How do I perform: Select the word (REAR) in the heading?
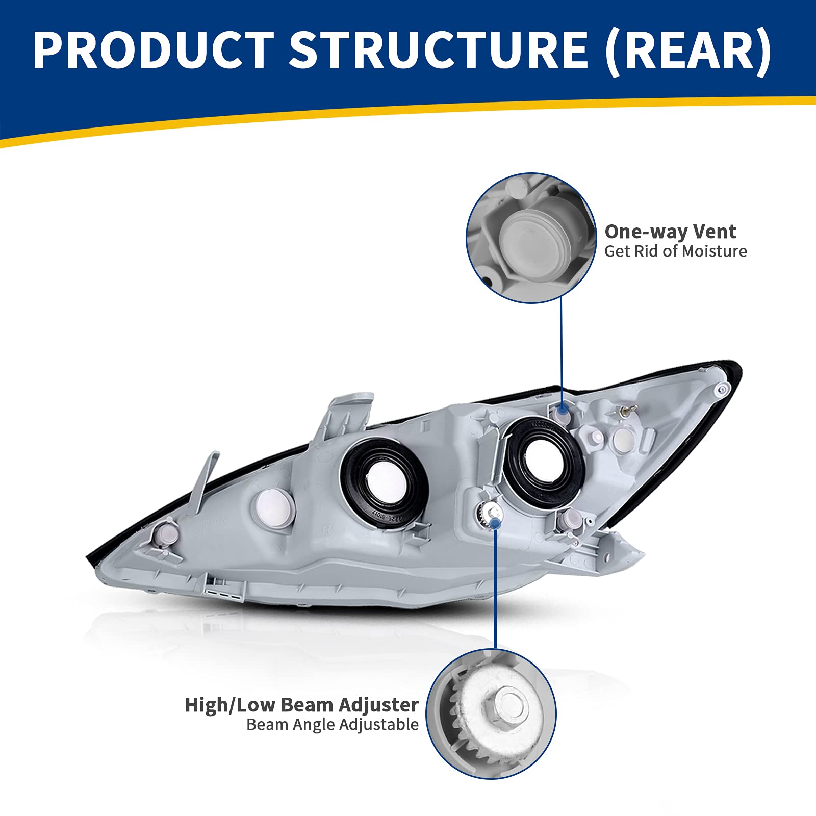coord(688,49)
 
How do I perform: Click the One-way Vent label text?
coord(670,232)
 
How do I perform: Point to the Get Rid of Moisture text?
coord(675,251)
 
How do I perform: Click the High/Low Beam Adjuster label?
coord(301,705)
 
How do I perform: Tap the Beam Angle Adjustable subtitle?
coord(332,725)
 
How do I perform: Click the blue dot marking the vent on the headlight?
coord(563,409)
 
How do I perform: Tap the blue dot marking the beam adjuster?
coord(495,523)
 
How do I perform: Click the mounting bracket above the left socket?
coord(344,416)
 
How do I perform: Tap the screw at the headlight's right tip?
coord(721,390)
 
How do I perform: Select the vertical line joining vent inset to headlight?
coord(561,352)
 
